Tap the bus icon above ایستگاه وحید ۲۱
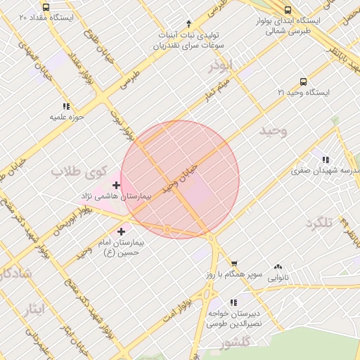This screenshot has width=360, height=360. (x=303, y=82)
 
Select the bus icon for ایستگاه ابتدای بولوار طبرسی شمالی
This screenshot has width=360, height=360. (x=288, y=10)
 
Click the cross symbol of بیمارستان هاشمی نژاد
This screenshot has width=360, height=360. (x=116, y=185)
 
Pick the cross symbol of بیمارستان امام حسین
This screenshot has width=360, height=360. (x=122, y=231)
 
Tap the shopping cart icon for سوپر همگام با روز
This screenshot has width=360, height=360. (x=233, y=264)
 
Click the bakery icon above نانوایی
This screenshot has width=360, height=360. (x=279, y=266)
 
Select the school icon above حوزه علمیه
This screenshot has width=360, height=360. (x=67, y=106)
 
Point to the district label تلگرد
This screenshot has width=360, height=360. (x=319, y=223)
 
